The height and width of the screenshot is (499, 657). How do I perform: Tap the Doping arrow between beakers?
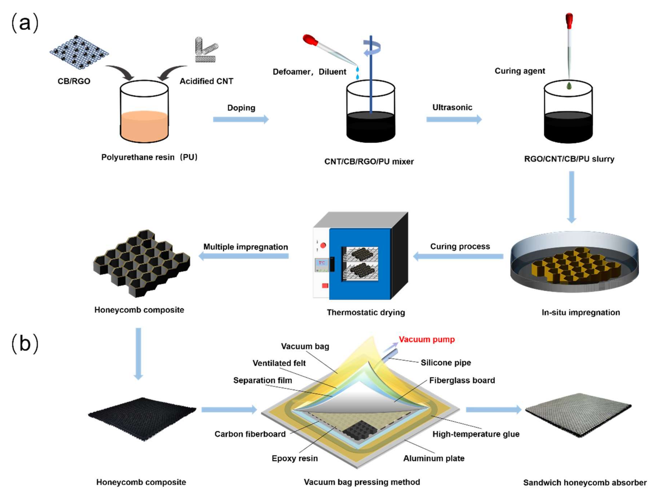pos(241,119)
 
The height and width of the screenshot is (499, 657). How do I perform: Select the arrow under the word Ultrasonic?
pos(454,119)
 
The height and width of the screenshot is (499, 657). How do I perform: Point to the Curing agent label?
pos(520,71)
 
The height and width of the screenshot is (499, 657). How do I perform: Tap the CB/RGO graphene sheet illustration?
pos(79,52)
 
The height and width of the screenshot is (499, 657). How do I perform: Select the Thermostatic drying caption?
pos(366,312)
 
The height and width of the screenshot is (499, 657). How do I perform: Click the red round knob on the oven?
pos(323,245)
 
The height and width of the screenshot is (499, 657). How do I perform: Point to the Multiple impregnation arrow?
pos(244,256)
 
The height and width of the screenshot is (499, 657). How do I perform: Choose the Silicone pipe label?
pos(445,363)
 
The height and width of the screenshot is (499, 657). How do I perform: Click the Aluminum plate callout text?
pos(434,458)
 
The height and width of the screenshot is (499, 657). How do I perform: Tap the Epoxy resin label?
pos(294,458)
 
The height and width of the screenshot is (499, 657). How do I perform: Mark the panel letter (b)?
pos(25,344)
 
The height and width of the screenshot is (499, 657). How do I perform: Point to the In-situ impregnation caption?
pos(581,312)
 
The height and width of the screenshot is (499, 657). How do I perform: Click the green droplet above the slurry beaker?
pos(569,86)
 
